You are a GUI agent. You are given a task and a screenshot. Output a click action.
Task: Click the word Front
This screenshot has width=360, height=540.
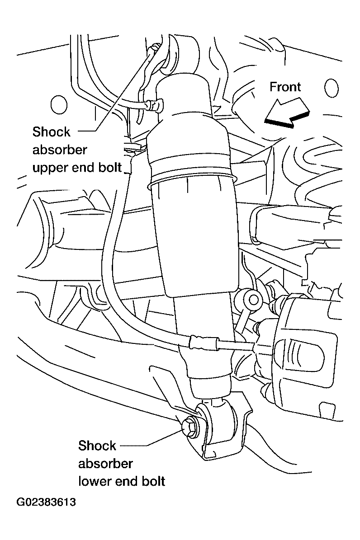285,87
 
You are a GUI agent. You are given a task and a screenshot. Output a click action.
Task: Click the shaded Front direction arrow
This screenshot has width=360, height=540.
287,112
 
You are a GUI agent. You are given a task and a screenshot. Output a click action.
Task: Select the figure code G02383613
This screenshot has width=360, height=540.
46,502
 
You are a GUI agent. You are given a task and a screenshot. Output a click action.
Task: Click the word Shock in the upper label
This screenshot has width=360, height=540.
51,131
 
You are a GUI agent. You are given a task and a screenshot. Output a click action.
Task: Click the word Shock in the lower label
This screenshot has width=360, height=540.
97,445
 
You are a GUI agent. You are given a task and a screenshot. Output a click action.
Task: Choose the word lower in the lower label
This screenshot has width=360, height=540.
95,481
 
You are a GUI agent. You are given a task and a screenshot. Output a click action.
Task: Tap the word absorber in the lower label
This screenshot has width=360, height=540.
105,464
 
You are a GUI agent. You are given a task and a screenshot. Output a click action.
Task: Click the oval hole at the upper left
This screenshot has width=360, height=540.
58,105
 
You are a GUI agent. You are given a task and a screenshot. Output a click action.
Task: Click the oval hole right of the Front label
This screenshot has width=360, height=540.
331,88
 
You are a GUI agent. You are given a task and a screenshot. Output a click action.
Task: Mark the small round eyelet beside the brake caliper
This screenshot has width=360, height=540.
253,299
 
